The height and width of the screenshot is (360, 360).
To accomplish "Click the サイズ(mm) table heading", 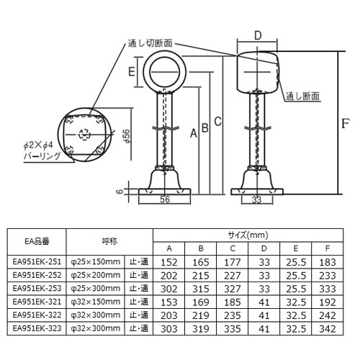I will point(247,235).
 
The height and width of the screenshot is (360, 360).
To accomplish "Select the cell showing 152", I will point(169,262).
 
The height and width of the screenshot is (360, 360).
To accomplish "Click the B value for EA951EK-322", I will point(204,315).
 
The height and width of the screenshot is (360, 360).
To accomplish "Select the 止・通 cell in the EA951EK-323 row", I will point(139,328).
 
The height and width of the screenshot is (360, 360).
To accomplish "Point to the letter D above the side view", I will point(258,34).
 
